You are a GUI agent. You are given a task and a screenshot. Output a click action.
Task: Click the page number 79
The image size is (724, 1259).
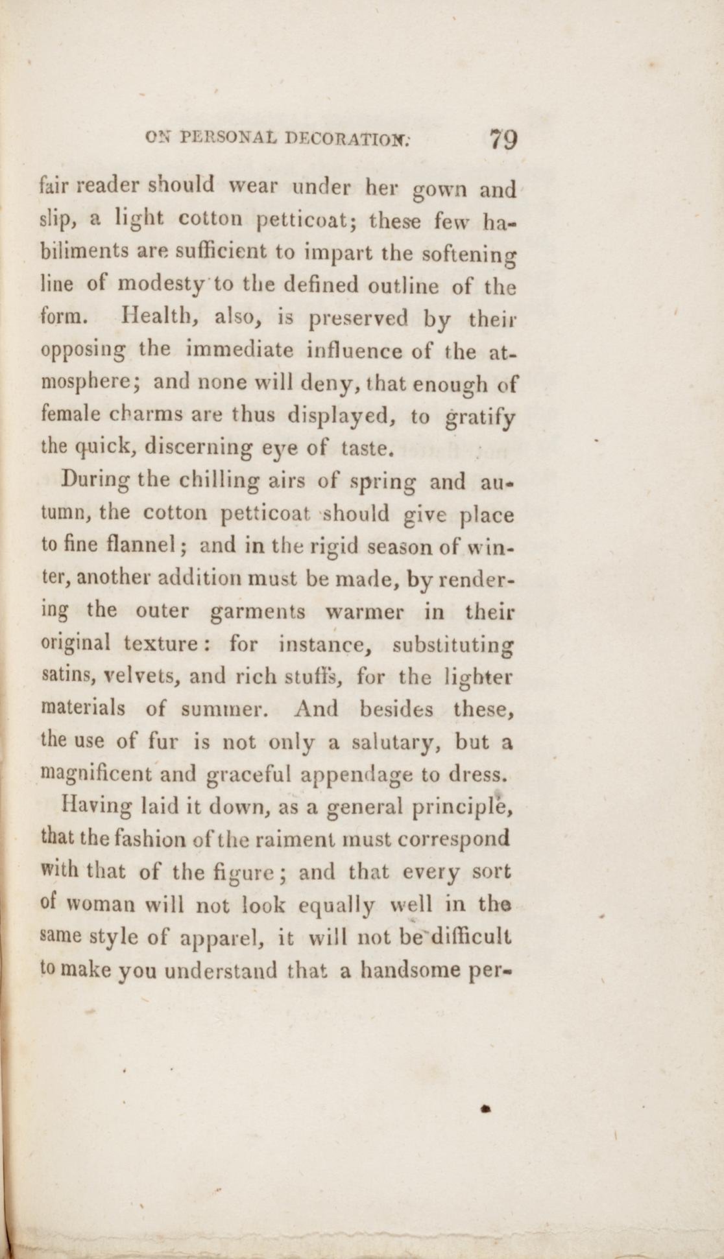tap(503, 139)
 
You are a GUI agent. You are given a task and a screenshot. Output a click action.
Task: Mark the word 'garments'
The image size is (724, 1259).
tap(258, 611)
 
